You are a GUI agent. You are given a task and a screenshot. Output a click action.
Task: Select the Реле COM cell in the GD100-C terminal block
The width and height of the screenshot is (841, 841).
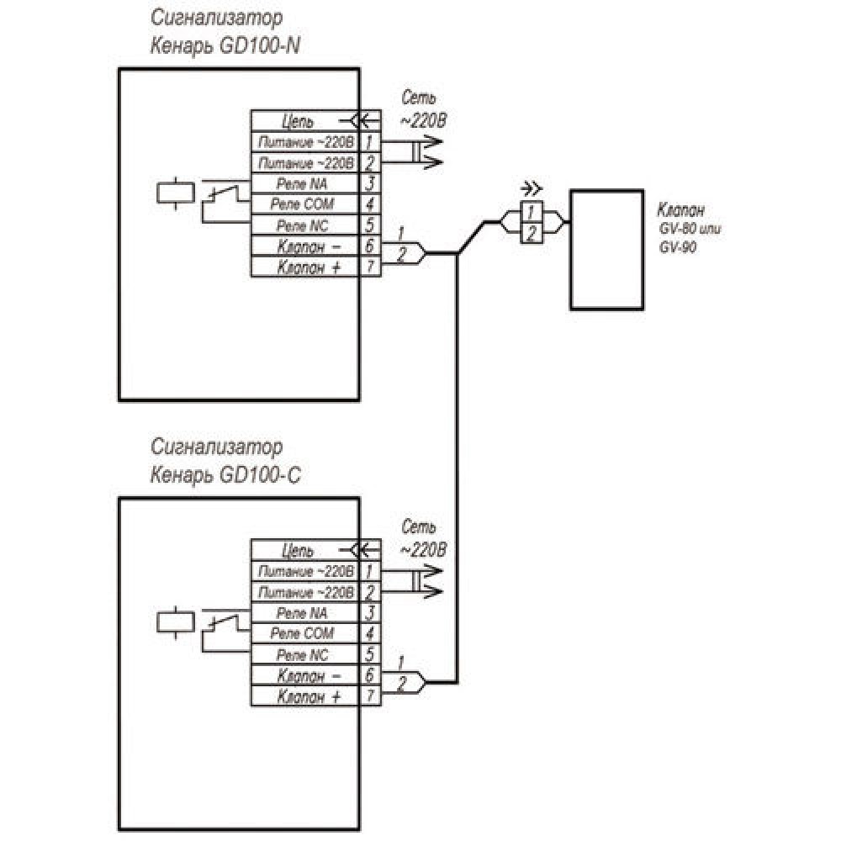coord(304,633)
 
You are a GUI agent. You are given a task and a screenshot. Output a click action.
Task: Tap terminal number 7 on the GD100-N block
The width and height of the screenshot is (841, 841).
coord(369,267)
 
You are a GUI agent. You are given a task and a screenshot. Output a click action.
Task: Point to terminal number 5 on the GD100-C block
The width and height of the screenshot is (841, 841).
coord(369,654)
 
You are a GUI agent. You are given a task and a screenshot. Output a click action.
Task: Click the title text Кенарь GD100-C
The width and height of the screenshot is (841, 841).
coord(224,476)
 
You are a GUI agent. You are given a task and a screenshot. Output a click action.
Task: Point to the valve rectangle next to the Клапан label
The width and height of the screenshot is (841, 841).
coord(607,250)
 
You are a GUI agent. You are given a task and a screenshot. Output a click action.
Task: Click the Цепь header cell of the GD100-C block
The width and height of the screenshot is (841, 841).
coord(299,551)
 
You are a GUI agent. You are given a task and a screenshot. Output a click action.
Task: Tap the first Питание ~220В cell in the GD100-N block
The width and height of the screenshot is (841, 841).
coord(304,142)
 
